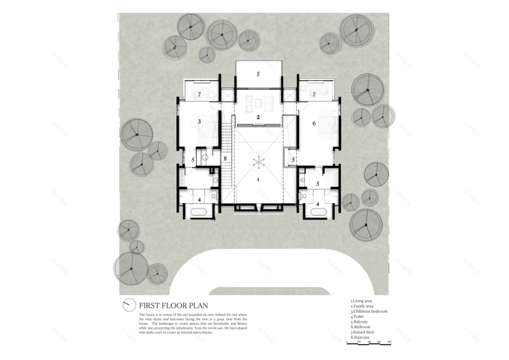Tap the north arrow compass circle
[x=128, y=305]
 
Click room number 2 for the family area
[x=258, y=117]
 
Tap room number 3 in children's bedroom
[x=199, y=122]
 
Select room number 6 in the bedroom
[x=314, y=123]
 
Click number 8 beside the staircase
[x=225, y=158]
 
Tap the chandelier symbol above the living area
[x=259, y=161]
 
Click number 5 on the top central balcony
[x=259, y=74]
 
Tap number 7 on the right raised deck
[x=314, y=94]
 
